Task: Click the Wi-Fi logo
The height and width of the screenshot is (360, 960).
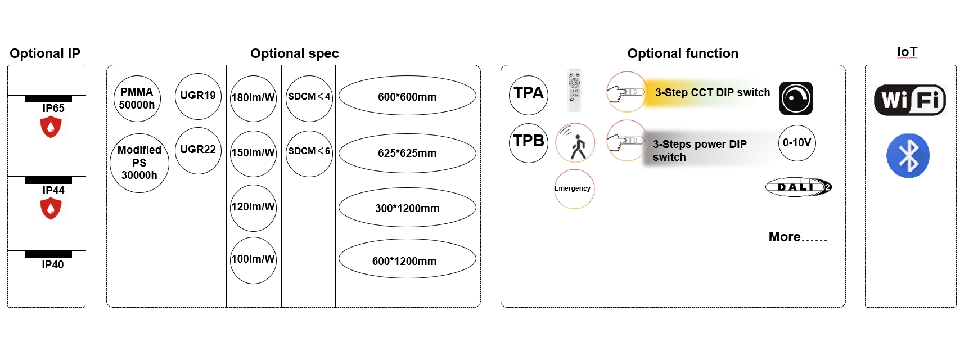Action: (x=909, y=100)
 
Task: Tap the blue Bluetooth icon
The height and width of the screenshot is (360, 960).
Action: (x=908, y=156)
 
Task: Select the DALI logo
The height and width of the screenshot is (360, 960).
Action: (x=798, y=187)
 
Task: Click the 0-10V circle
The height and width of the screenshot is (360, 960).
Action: (x=797, y=143)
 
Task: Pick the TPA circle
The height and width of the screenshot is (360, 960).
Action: (x=529, y=94)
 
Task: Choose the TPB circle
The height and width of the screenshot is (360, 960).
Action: (x=529, y=142)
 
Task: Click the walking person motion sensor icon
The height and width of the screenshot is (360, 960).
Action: (x=575, y=143)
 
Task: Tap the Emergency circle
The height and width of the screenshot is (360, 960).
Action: (x=574, y=189)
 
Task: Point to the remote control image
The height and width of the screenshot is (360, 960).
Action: (x=574, y=90)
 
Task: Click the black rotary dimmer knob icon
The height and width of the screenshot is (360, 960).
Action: (x=796, y=98)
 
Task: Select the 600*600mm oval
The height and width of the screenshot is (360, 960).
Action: (x=407, y=96)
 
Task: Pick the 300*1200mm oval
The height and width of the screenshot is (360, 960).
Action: (x=407, y=208)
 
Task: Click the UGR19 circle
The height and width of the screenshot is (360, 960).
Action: (x=198, y=96)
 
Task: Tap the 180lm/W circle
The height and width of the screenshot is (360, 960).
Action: (x=253, y=98)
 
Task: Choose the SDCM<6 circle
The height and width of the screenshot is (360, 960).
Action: (x=309, y=153)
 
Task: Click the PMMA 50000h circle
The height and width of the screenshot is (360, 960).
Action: (x=137, y=98)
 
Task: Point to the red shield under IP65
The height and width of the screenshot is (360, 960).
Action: (x=51, y=127)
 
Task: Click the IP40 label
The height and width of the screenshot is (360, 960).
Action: (x=53, y=264)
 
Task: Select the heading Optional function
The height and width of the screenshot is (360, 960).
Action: (x=683, y=53)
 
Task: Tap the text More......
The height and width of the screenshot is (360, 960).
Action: (x=797, y=237)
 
